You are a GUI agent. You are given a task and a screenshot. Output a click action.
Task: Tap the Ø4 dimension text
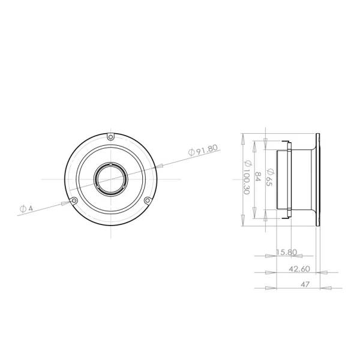click(26, 209)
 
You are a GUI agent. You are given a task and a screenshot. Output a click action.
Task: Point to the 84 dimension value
click(258, 176)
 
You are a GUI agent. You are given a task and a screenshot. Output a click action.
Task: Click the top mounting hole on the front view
click(110, 137)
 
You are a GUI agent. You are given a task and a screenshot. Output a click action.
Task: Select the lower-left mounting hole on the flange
click(74, 200)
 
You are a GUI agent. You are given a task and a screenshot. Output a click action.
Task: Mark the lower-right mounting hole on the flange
click(147, 200)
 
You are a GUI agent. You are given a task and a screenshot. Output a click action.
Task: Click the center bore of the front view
click(110, 179)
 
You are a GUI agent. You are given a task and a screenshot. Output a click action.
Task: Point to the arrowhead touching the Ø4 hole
click(67, 202)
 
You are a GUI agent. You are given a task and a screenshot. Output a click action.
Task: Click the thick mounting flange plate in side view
click(318, 179)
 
